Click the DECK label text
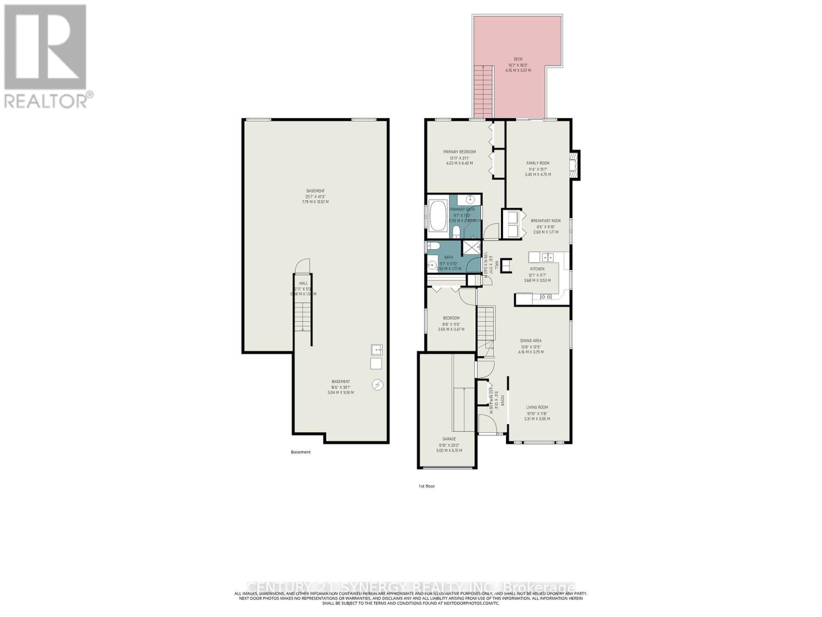pyautogui.click(x=518, y=59)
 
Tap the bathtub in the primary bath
pyautogui.click(x=438, y=216)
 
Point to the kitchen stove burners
pyautogui.click(x=546, y=297)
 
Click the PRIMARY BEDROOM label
pyautogui.click(x=459, y=152)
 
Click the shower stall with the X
pyautogui.click(x=470, y=247)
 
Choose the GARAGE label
pyautogui.click(x=449, y=439)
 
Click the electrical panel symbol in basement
pyautogui.click(x=378, y=385)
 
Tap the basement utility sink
pyautogui.click(x=377, y=350)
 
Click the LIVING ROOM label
pyautogui.click(x=537, y=407)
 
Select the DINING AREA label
pyautogui.click(x=531, y=340)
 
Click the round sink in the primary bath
pyautogui.click(x=471, y=199)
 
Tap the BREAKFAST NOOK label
pyautogui.click(x=546, y=221)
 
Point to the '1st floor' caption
pyautogui.click(x=426, y=486)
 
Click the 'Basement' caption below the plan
pyautogui.click(x=301, y=452)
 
